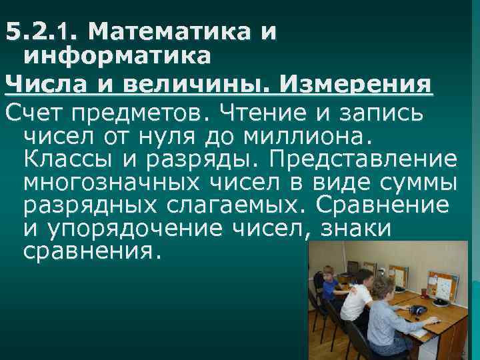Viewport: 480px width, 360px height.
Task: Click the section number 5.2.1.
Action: tap(41, 31)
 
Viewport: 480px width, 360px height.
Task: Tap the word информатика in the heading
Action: tap(117, 57)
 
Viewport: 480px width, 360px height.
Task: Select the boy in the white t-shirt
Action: tap(357, 300)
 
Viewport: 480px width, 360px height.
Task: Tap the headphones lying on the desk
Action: tap(417, 309)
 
